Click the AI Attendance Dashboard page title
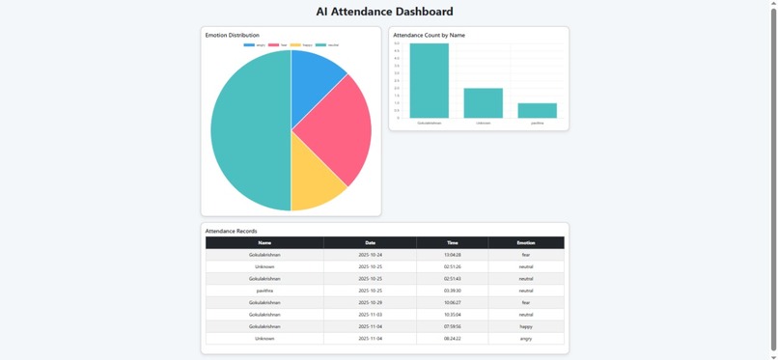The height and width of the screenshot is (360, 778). click(384, 12)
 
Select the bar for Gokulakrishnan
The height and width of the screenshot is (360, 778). click(429, 81)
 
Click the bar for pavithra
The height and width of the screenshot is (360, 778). click(538, 111)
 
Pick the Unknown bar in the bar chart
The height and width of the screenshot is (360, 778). click(483, 103)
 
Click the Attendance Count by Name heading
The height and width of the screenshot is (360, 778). click(429, 35)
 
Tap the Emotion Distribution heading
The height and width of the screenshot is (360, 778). click(232, 35)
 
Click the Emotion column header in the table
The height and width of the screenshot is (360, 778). click(525, 243)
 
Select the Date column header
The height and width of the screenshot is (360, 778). click(370, 243)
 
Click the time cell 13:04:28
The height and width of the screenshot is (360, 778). click(452, 255)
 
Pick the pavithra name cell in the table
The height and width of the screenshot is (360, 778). click(264, 291)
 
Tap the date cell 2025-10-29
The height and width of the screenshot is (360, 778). click(370, 302)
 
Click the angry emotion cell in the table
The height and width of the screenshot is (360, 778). click(525, 339)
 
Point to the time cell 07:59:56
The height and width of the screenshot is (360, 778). click(452, 326)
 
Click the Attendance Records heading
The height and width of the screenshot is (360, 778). click(231, 231)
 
